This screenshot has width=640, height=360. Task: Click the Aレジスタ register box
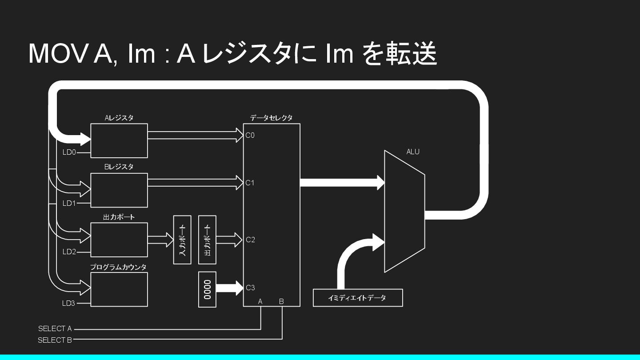(119, 140)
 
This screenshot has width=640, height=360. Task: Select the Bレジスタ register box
(119, 190)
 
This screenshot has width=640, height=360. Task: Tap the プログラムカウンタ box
(119, 289)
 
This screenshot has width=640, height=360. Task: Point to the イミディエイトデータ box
(358, 298)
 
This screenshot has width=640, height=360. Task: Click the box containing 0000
(207, 289)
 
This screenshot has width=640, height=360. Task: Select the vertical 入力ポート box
(182, 240)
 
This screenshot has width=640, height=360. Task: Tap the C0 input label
(250, 136)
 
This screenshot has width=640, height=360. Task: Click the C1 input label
(250, 183)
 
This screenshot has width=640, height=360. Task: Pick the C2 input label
(250, 240)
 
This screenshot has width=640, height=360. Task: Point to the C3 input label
(250, 288)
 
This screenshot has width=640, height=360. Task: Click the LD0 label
(69, 152)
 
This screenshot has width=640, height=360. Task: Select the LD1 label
(69, 203)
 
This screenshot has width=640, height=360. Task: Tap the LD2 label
(69, 252)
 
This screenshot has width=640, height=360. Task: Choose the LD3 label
(69, 304)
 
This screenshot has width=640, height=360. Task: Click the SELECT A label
(55, 329)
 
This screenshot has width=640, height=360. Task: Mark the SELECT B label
(55, 340)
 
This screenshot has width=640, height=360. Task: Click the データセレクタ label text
(271, 118)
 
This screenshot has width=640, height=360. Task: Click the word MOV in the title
(60, 54)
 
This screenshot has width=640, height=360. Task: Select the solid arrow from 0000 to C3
(230, 288)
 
